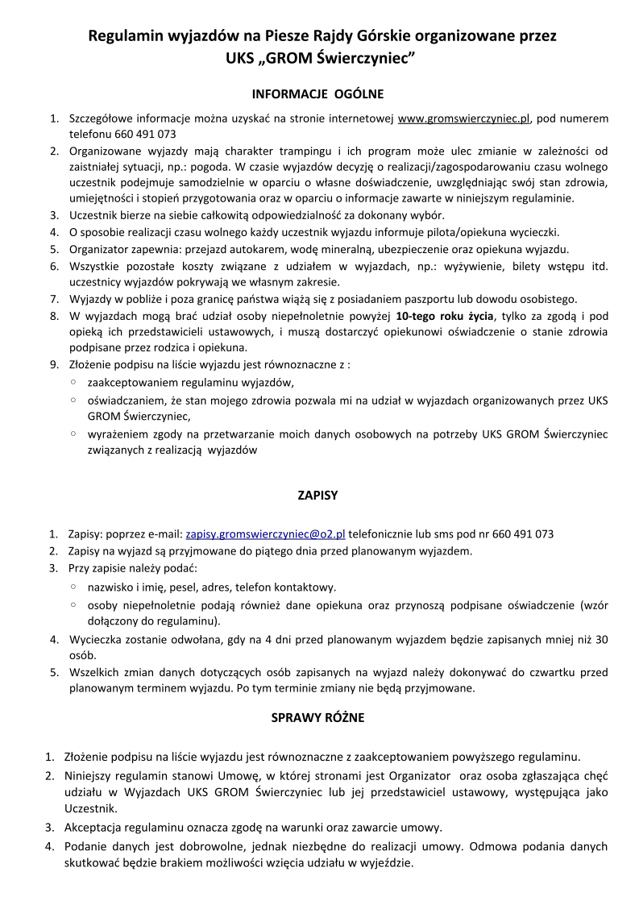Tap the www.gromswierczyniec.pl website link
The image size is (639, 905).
pos(464,119)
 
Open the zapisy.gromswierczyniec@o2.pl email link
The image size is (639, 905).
pos(265,534)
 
